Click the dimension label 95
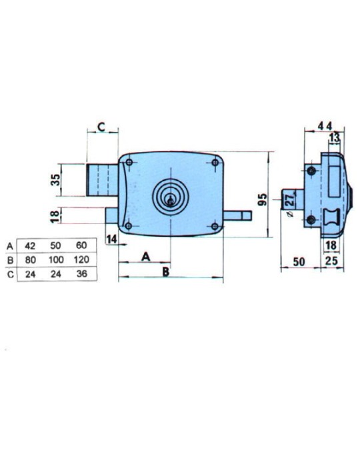[x=263, y=199]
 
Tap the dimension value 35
[x=55, y=180]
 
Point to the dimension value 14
[x=112, y=239]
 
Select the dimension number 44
[x=325, y=126]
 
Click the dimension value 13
[x=334, y=137]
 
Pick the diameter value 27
[x=289, y=199]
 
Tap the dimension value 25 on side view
[x=331, y=261]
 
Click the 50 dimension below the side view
[x=299, y=262]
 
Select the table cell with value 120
[x=81, y=260]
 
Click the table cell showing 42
[x=30, y=246]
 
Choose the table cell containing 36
[x=81, y=274]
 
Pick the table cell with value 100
[x=56, y=260]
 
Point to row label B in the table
[x=11, y=260]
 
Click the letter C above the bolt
[x=101, y=127]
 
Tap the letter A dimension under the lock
[x=145, y=256]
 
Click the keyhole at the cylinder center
[x=170, y=201]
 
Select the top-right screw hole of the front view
[x=215, y=163]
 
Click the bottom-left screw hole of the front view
[x=129, y=226]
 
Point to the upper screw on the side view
[x=311, y=171]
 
